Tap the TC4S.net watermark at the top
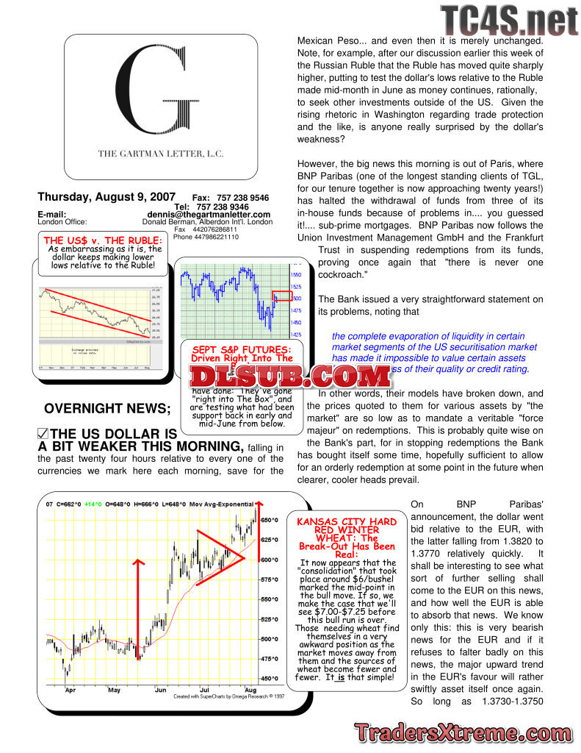pos(510,21)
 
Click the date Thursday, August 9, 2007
pos(107,197)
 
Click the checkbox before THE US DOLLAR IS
pos(43,434)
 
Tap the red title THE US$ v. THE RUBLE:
pos(103,240)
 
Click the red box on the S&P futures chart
pos(282,296)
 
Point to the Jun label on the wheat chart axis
pos(161,690)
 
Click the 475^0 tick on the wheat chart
pos(269,659)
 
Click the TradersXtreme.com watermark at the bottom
pos(462,732)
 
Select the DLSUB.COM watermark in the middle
pos(291,376)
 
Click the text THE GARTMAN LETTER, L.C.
pos(161,154)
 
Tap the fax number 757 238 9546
pos(244,199)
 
